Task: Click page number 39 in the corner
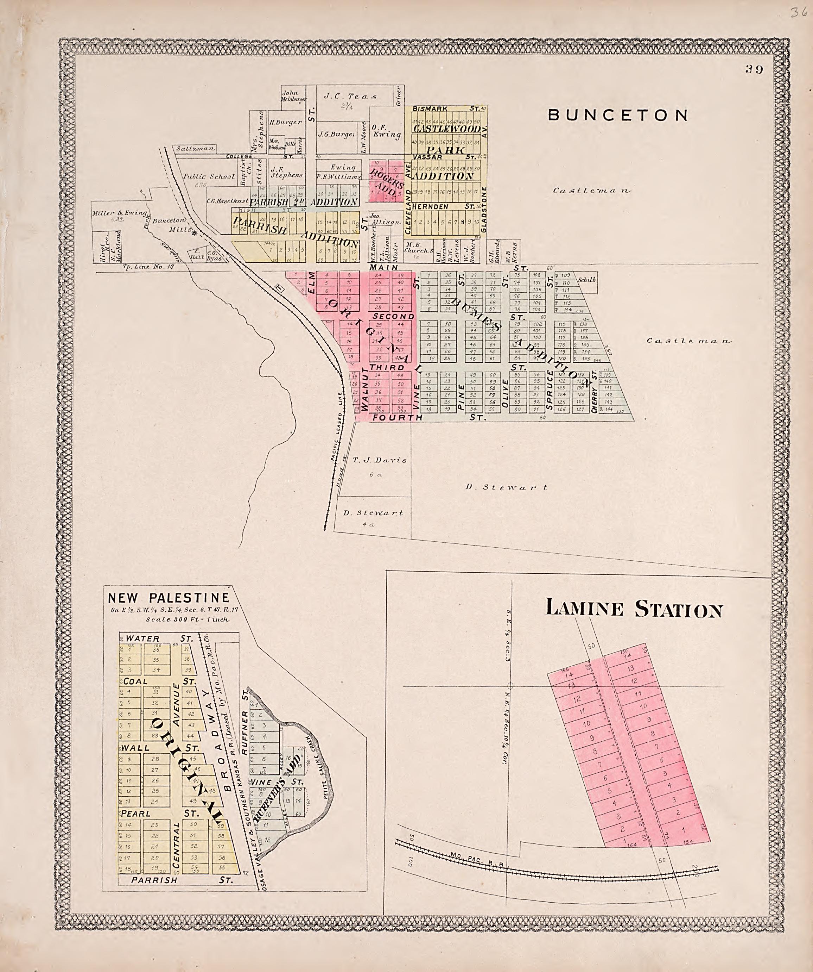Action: [754, 70]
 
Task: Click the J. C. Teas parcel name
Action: [350, 96]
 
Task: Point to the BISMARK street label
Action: [430, 108]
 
